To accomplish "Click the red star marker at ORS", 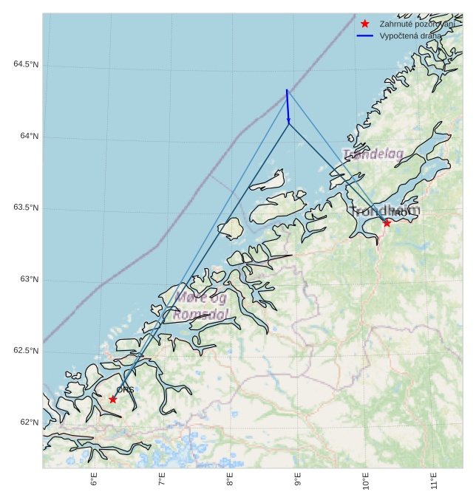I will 113,400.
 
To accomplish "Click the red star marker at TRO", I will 387,222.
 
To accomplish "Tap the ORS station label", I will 125,389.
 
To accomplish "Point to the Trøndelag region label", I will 373,154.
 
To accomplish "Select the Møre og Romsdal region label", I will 200,306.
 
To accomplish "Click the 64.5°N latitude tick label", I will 26,65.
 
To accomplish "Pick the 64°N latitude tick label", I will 29,137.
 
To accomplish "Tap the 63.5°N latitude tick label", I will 26,208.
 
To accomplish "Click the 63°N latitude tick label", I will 29,279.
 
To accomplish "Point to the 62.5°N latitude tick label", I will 26,351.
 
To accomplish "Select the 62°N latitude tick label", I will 29,422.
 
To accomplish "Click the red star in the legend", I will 365,24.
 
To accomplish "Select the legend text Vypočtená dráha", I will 410,35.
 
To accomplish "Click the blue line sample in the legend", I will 365,35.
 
